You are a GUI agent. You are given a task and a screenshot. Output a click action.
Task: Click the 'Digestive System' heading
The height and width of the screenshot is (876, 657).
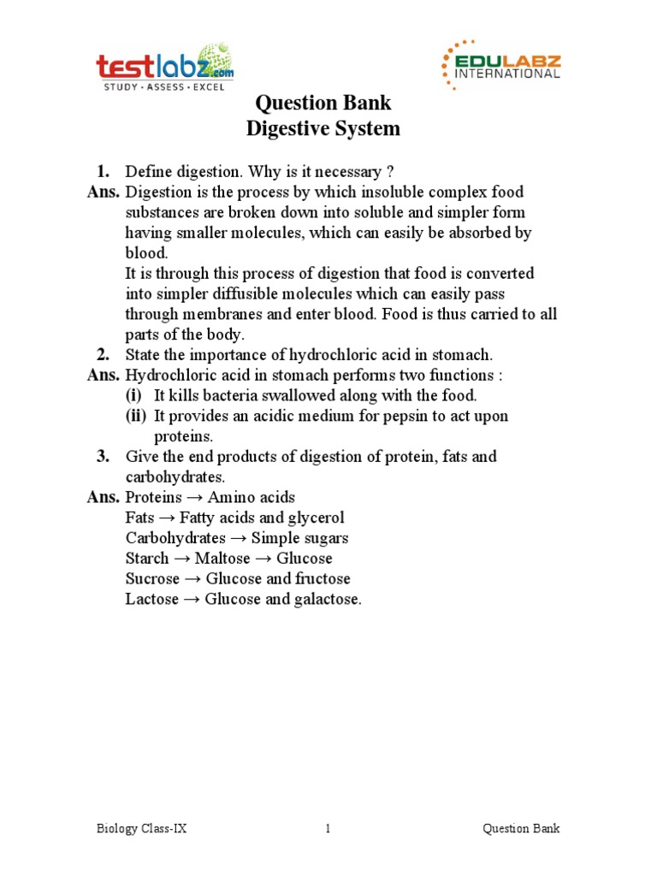323,129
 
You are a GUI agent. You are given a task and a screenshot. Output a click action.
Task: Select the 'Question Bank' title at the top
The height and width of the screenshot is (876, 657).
323,104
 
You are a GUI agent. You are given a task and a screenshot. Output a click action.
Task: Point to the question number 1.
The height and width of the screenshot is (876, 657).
103,171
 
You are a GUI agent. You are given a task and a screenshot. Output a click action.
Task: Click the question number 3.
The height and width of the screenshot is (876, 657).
103,457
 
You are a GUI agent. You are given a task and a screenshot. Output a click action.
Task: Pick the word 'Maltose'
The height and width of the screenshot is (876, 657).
222,559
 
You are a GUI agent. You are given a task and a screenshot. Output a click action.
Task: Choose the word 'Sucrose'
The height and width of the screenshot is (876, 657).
151,579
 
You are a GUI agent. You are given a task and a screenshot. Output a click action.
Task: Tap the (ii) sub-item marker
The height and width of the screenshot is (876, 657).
135,417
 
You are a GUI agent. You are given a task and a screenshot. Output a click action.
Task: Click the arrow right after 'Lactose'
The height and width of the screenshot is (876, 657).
191,600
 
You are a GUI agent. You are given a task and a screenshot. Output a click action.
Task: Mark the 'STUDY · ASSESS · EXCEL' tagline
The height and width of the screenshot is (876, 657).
164,86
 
